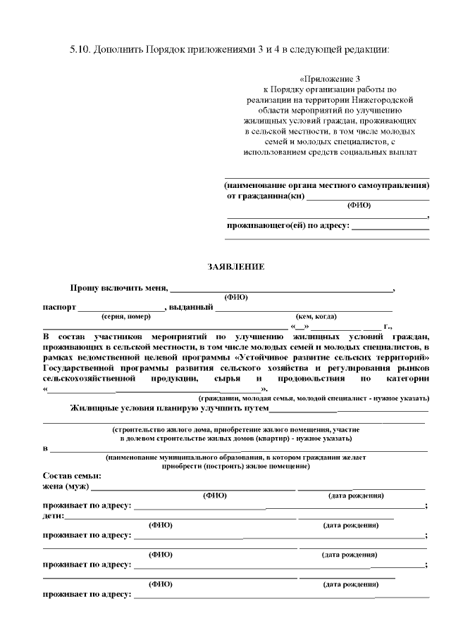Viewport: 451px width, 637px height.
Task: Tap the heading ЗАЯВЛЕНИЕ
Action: click(236, 267)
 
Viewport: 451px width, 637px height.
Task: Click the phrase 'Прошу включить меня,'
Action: click(118, 288)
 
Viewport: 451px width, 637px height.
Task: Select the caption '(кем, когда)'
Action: click(316, 317)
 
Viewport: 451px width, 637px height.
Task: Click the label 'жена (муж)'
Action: click(66, 486)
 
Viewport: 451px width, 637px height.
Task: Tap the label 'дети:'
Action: click(54, 516)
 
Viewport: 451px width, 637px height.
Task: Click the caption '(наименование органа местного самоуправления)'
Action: click(327, 185)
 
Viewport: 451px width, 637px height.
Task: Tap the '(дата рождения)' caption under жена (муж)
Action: click(356, 496)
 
